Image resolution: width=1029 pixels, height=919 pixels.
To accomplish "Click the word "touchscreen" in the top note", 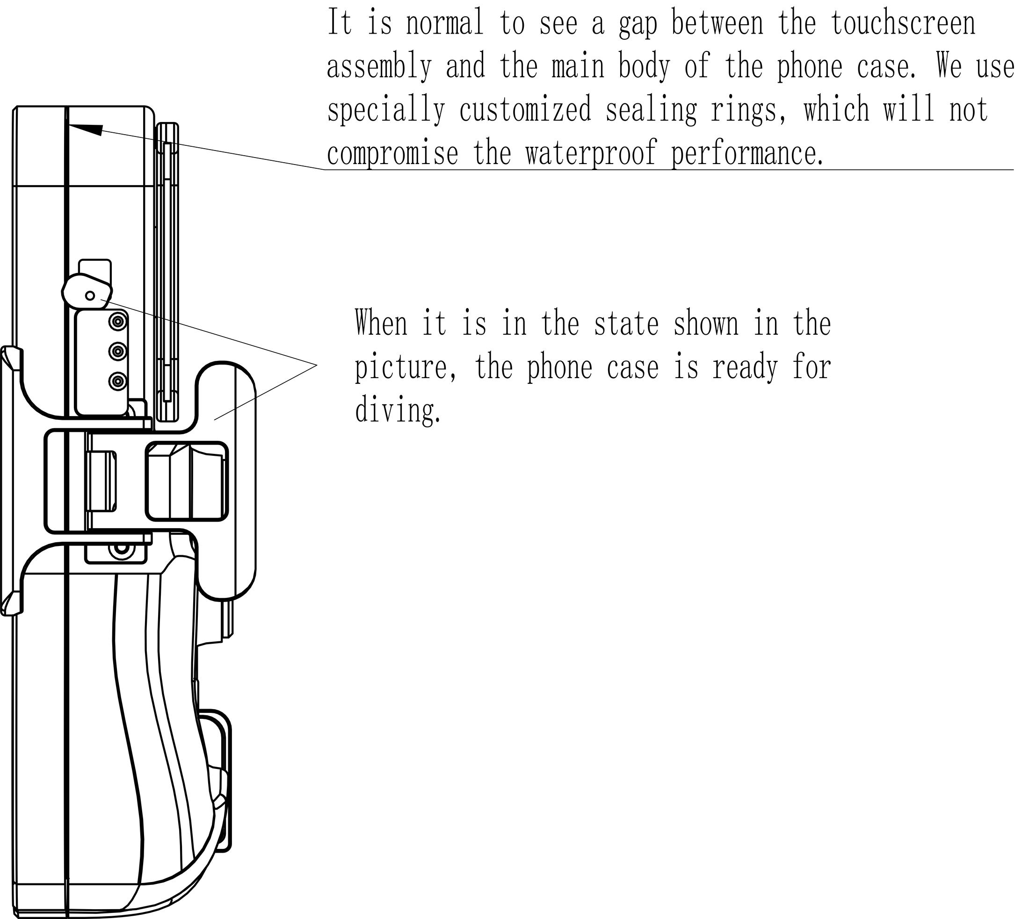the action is click(903, 23).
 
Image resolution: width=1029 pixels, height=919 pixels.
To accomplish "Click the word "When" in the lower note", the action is click(380, 323).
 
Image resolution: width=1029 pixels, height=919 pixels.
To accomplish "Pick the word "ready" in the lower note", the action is click(745, 368).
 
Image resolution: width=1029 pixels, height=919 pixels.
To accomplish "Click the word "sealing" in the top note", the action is click(651, 110).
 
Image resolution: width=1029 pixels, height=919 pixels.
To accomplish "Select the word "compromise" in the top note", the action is click(392, 153).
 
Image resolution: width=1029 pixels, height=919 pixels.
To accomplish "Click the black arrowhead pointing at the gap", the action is click(86, 128).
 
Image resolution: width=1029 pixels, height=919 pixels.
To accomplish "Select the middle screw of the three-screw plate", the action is click(118, 351).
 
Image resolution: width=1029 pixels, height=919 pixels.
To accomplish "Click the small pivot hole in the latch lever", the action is click(90, 295).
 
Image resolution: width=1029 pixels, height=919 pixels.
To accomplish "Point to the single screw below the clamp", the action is click(121, 547).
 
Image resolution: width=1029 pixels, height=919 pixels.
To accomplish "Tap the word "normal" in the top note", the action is click(444, 24).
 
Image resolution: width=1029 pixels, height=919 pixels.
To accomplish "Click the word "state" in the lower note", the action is click(626, 323).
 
